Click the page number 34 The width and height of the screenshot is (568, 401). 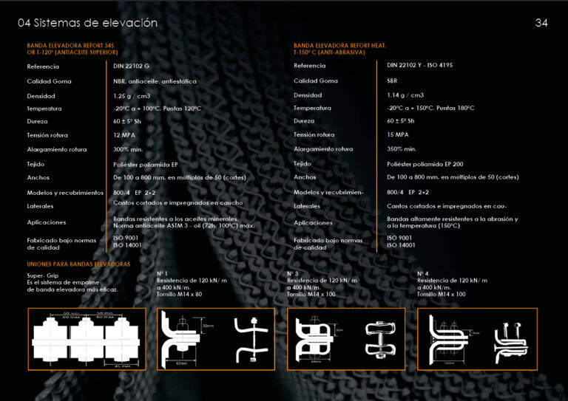click(541, 23)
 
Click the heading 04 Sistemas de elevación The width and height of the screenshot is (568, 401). click(87, 23)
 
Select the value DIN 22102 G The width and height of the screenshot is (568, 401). click(131, 66)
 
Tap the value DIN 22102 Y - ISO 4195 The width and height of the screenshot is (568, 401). click(419, 66)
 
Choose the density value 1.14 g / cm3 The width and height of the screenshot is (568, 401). click(405, 95)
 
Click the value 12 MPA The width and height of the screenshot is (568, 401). click(124, 135)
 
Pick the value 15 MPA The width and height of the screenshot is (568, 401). click(398, 135)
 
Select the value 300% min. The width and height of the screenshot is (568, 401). click(127, 149)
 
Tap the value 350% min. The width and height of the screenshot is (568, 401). click(402, 149)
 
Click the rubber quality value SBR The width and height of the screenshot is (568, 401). click(392, 80)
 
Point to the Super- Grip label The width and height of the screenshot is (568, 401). click(42, 275)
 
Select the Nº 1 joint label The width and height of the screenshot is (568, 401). click(163, 274)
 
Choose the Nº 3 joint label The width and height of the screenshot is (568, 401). click(292, 274)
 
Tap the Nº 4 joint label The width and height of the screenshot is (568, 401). click(422, 274)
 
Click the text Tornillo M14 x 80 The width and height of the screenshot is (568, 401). click(179, 294)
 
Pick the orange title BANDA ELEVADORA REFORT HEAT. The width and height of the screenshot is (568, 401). click(345, 46)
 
